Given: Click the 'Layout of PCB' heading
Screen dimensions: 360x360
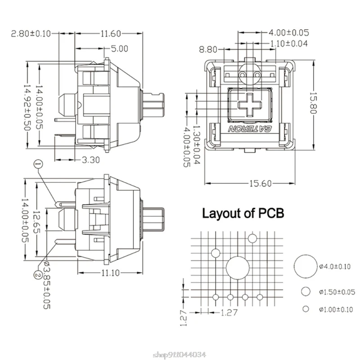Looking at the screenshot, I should point(243,213).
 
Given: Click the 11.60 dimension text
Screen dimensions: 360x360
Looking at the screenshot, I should point(110,33).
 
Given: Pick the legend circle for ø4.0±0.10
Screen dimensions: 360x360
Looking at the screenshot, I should point(306,266).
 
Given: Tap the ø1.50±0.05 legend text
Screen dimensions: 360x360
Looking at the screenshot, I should point(336,292).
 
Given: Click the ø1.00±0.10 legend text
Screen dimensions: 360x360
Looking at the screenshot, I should point(336,309).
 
